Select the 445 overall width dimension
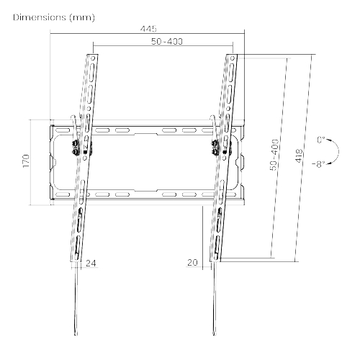point(148,29)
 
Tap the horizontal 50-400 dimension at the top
point(165,42)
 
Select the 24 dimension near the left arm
point(91,264)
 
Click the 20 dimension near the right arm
point(192,264)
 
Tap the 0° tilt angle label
point(320,140)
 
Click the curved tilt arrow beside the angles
point(330,152)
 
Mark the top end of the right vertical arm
point(232,55)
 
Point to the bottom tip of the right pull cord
point(214,333)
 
